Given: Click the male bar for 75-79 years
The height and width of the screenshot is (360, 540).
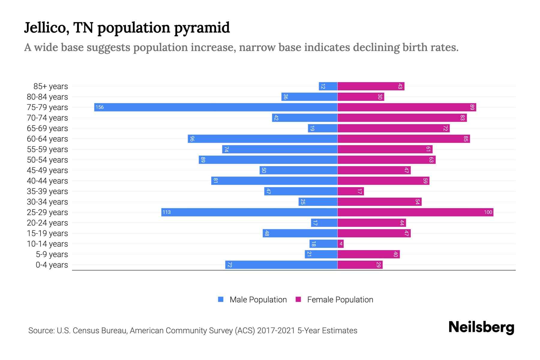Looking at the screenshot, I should (x=216, y=107).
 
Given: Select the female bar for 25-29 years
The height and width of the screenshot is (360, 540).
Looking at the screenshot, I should (x=415, y=212).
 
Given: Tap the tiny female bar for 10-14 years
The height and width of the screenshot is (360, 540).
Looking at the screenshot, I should (x=341, y=244).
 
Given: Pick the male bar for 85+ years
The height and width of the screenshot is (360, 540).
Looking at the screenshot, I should (x=328, y=86).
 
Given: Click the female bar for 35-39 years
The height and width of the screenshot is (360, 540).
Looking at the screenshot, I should (x=351, y=191).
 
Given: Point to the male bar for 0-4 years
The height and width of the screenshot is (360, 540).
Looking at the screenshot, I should (x=281, y=265).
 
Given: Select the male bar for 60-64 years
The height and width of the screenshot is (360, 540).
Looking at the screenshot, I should (x=263, y=139).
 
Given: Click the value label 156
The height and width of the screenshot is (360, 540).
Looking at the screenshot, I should (x=100, y=107).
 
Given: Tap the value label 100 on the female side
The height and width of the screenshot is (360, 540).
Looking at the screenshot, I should (x=488, y=212).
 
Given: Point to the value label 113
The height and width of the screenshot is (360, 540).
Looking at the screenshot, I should (x=166, y=212).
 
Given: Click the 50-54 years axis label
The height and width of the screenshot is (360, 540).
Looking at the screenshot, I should (x=47, y=160).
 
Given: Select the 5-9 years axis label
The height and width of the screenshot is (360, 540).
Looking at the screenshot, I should (x=52, y=254).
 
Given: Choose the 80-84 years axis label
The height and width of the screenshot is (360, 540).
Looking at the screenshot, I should (x=47, y=97).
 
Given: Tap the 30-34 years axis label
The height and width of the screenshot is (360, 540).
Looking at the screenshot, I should (x=47, y=202).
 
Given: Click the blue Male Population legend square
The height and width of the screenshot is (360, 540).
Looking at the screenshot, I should (x=221, y=299).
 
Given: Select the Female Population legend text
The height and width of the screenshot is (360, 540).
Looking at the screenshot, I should (x=340, y=300).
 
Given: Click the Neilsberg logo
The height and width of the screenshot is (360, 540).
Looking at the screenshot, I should (x=481, y=327).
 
